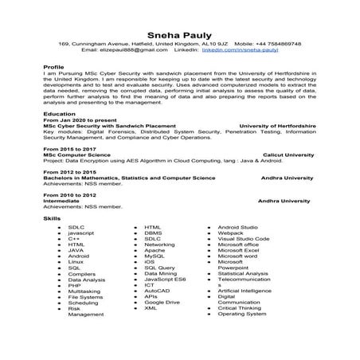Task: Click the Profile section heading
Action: pyautogui.click(x=53, y=67)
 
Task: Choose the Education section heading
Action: pyautogui.click(x=60, y=114)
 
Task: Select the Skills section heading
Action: pyautogui.click(x=52, y=217)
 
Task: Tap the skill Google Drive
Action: pyautogui.click(x=162, y=303)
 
